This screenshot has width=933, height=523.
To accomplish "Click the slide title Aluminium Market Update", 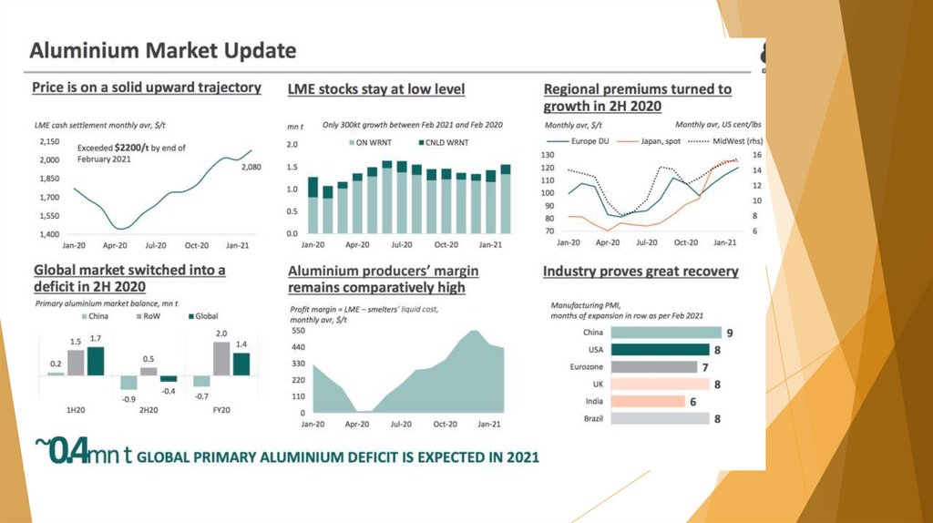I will coord(162,50).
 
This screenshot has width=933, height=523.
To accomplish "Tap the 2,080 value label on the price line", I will coord(251,168).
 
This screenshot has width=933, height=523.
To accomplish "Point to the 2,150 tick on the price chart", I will coord(48,142).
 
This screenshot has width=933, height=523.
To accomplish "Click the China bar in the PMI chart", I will coord(666,333).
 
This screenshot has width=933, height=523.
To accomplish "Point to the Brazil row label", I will coord(592,418).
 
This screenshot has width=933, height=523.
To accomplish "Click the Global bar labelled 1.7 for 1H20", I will coord(95,361).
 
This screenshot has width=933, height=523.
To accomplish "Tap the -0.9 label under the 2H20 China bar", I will coord(129,399).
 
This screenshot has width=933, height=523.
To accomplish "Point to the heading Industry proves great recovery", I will coord(641,272).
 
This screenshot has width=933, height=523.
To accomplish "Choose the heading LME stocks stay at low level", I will coord(375,89).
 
